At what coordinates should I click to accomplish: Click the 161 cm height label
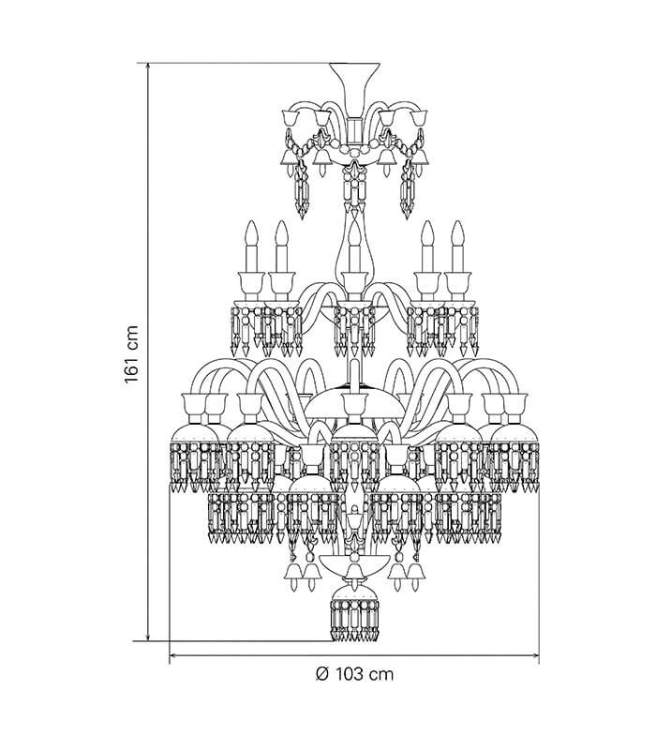[x=131, y=354]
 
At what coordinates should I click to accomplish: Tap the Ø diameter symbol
[x=322, y=674]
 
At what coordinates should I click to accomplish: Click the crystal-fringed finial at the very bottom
[x=354, y=614]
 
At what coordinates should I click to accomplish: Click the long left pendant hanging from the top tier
[x=301, y=189]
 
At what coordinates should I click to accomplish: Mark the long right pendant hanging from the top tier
[x=408, y=189]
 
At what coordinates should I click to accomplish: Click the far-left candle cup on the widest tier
[x=192, y=404]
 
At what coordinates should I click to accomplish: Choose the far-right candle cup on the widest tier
[x=516, y=404]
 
